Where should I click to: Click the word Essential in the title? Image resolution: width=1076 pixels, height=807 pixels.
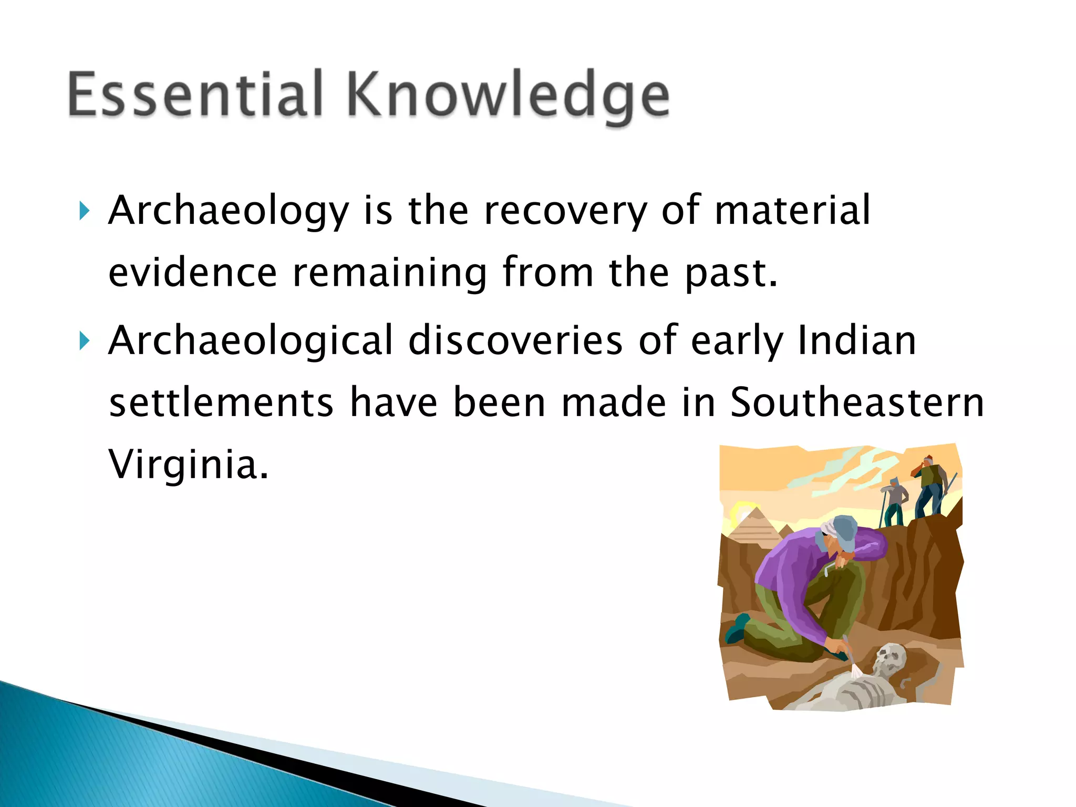pyautogui.click(x=194, y=95)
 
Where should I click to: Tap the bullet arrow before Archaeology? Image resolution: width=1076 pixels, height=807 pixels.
pyautogui.click(x=84, y=211)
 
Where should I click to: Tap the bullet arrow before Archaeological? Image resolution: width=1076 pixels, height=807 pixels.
pyautogui.click(x=84, y=342)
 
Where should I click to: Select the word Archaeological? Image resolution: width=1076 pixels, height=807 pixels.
pyautogui.click(x=251, y=341)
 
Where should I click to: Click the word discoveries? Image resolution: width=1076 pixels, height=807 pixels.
pyautogui.click(x=515, y=341)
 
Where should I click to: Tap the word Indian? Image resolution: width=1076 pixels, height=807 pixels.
pyautogui.click(x=857, y=341)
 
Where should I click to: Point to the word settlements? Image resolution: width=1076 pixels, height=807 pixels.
pyautogui.click(x=221, y=403)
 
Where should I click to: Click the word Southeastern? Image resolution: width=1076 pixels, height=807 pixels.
pyautogui.click(x=857, y=403)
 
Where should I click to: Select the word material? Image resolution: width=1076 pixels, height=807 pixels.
pyautogui.click(x=792, y=211)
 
